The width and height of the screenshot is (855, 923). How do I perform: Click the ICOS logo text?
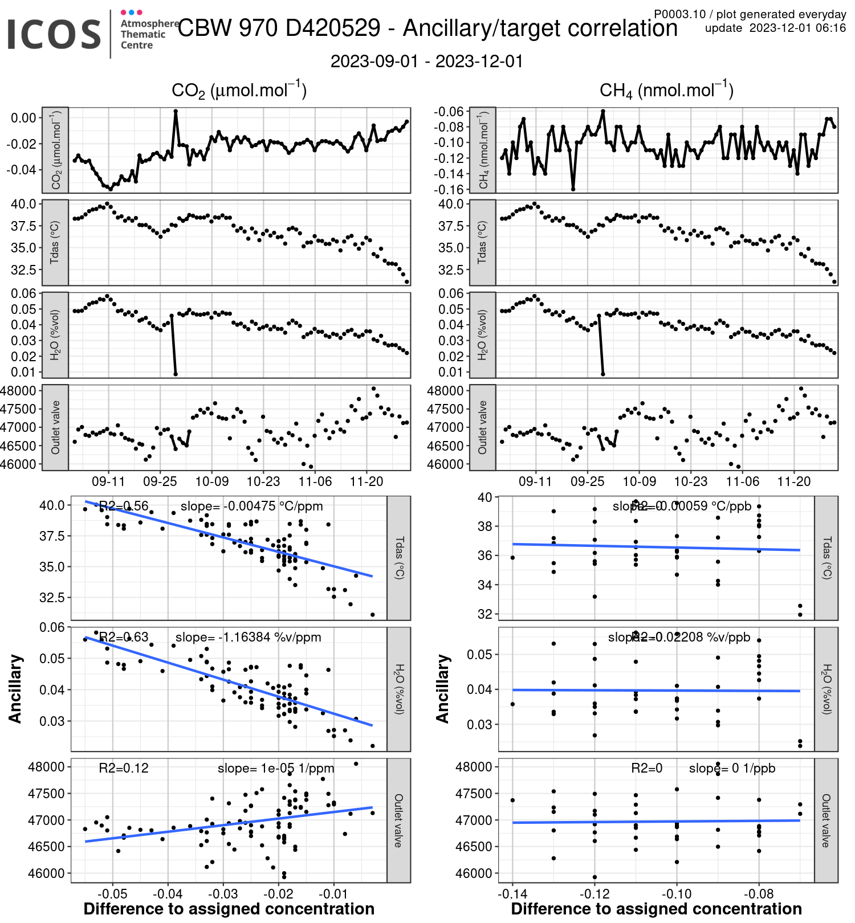tap(54, 34)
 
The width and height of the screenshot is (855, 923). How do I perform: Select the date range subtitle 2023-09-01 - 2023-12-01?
tap(427, 62)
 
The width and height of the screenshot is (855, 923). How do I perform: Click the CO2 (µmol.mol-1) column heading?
tap(239, 91)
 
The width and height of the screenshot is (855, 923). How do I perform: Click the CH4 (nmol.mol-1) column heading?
tap(666, 91)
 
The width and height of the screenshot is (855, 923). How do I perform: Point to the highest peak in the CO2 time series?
tap(176, 112)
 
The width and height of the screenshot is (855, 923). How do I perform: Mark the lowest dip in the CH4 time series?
tap(573, 189)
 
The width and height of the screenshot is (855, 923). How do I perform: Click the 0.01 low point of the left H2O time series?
tap(176, 374)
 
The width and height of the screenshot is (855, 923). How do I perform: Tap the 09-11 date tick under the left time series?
tap(108, 481)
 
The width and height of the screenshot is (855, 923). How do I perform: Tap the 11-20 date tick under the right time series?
tap(793, 481)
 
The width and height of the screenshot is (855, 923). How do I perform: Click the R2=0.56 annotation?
tap(124, 506)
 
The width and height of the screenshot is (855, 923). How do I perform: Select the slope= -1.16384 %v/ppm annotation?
tap(249, 637)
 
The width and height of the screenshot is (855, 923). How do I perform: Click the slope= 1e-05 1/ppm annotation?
tap(276, 768)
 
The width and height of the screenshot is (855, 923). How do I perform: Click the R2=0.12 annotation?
tap(124, 768)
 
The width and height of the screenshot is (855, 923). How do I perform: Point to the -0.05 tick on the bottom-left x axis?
tap(112, 894)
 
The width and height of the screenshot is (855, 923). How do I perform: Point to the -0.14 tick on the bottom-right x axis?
tap(512, 894)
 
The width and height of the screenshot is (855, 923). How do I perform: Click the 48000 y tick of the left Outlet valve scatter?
tap(46, 767)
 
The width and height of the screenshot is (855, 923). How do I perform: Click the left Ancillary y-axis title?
tap(15, 689)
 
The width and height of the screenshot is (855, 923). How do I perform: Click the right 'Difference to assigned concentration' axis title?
tap(656, 909)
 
